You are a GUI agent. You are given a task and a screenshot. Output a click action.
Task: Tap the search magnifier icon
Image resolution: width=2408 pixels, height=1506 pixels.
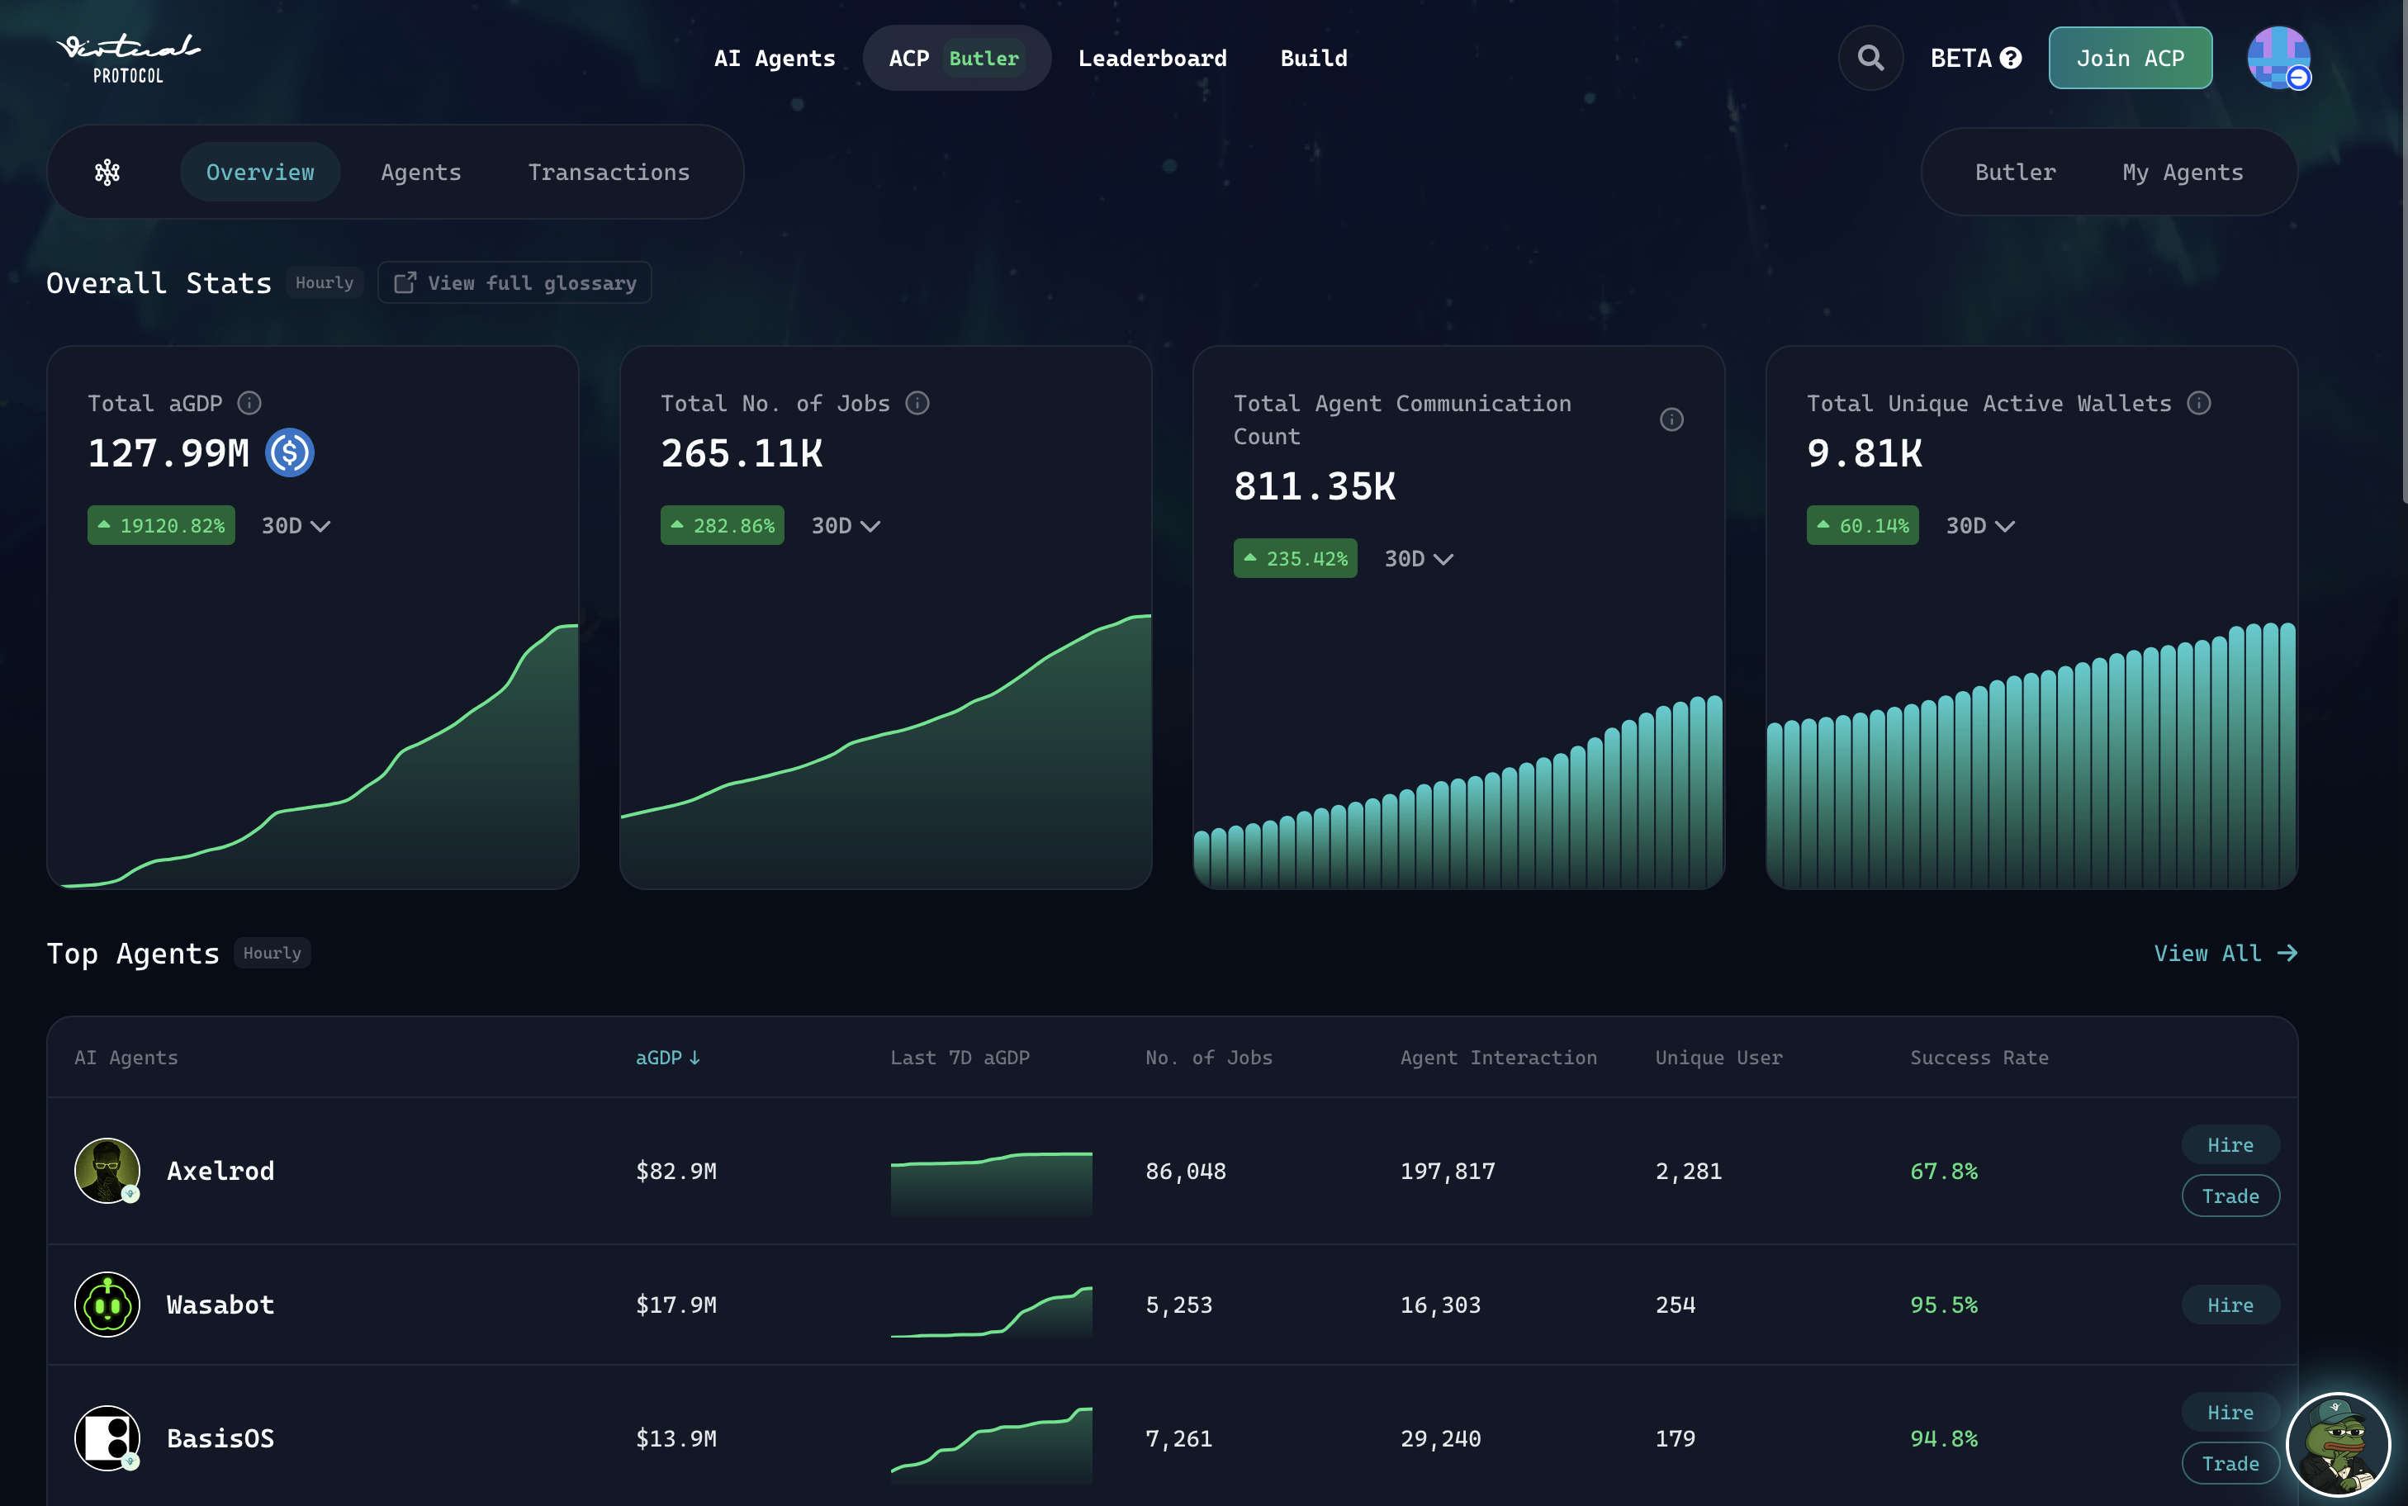[1870, 59]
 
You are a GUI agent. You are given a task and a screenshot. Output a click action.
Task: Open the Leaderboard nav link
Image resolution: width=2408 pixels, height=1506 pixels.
[1152, 59]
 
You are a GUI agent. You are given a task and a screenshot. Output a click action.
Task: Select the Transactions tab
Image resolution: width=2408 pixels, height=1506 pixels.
[609, 173]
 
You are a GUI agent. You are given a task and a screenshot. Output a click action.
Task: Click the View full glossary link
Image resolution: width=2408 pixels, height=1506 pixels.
[514, 283]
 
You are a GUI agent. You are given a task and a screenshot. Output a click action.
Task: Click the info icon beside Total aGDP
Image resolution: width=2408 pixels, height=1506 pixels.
[249, 404]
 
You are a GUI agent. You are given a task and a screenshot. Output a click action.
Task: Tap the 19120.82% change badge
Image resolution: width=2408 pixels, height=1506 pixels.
[161, 526]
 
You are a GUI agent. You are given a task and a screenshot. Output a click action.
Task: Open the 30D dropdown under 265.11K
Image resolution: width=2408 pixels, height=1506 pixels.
[846, 526]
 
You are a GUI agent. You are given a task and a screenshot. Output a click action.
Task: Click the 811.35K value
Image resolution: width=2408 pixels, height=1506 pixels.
[1315, 487]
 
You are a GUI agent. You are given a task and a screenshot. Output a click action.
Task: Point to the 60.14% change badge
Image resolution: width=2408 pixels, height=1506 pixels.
[1862, 526]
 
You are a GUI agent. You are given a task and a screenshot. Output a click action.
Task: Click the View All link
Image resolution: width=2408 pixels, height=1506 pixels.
[2225, 953]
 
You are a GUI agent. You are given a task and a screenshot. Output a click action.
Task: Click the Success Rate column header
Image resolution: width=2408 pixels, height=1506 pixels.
[1979, 1058]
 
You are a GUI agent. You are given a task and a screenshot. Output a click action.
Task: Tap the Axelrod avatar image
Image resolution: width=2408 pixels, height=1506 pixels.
[107, 1170]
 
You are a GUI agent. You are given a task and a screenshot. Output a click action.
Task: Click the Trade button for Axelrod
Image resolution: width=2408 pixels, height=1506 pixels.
[2230, 1196]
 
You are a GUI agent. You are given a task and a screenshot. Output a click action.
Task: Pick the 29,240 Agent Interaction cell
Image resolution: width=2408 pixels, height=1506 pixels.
[1440, 1438]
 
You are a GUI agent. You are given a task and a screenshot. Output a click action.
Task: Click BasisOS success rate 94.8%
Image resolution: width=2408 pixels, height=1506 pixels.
[1943, 1438]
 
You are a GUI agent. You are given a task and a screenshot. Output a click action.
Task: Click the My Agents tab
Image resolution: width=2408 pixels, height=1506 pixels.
[2182, 173]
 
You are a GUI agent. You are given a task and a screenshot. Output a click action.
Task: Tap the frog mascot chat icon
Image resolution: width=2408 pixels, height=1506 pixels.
[2337, 1444]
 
